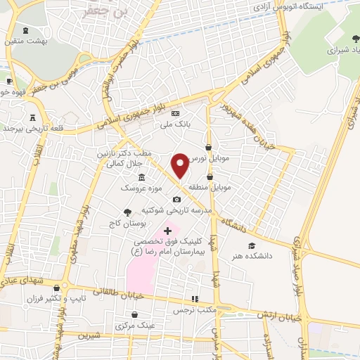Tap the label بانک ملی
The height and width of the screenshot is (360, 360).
(x=174, y=124)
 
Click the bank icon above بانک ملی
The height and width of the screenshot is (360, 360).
(x=175, y=114)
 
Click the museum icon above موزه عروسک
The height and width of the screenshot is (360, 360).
(x=142, y=177)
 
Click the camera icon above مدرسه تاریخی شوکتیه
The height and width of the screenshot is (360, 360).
(x=176, y=200)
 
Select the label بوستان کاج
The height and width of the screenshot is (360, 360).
(x=128, y=223)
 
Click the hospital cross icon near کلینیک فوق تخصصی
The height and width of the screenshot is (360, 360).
(x=167, y=231)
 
